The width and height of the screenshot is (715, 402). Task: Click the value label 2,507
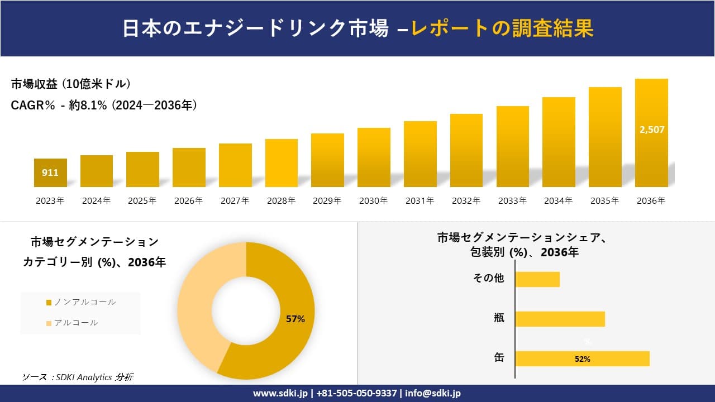(651, 130)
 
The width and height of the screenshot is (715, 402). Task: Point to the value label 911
(50, 173)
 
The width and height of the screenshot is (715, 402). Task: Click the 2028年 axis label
(281, 201)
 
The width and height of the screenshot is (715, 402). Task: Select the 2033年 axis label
(512, 201)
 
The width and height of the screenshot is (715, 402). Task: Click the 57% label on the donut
(295, 319)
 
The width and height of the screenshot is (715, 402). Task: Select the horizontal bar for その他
(537, 279)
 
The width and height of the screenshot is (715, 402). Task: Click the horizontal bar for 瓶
(560, 319)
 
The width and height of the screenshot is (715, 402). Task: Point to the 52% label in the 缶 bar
(582, 359)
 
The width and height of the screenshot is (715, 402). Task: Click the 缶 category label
(499, 358)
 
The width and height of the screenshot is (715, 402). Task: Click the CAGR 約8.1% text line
(104, 105)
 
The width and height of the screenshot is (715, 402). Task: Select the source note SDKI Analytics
(78, 377)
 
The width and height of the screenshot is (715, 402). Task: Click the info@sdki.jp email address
(433, 393)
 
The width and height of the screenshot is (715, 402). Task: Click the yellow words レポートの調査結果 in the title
(502, 28)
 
